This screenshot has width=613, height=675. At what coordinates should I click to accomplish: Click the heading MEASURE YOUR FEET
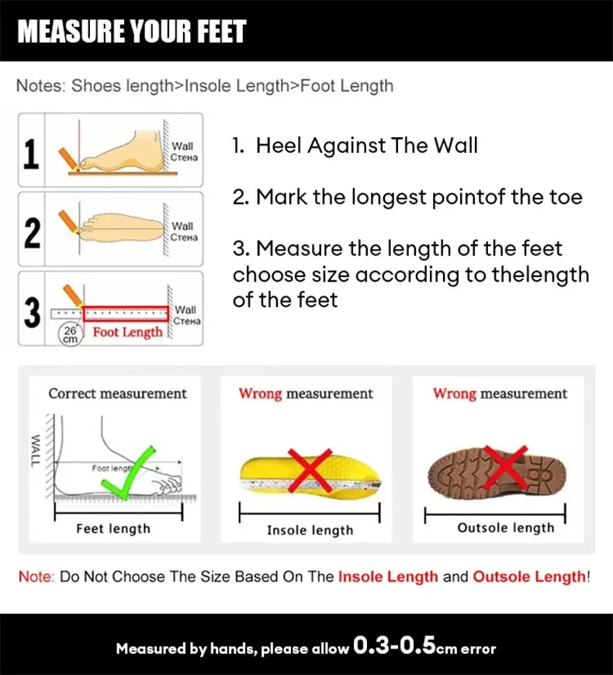[132, 31]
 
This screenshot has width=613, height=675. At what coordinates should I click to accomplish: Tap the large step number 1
[31, 154]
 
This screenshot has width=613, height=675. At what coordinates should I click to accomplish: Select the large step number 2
[31, 232]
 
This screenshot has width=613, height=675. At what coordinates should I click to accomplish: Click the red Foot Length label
[128, 332]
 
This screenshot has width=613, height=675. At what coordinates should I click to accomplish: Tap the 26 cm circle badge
[71, 334]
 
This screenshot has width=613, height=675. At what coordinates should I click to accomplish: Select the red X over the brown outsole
[504, 468]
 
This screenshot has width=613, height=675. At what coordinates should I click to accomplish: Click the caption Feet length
[113, 528]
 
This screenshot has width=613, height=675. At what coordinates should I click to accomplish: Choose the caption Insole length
[310, 531]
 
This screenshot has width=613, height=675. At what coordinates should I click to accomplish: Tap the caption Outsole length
[505, 528]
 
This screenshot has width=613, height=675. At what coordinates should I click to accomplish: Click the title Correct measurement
[117, 393]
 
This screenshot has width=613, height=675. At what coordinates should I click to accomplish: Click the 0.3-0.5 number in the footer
[395, 646]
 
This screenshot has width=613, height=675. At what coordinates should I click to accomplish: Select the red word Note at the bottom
[35, 576]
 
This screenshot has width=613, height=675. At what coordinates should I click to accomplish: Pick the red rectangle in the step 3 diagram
[126, 313]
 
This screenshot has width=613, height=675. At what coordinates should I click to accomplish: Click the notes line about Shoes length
[205, 85]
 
